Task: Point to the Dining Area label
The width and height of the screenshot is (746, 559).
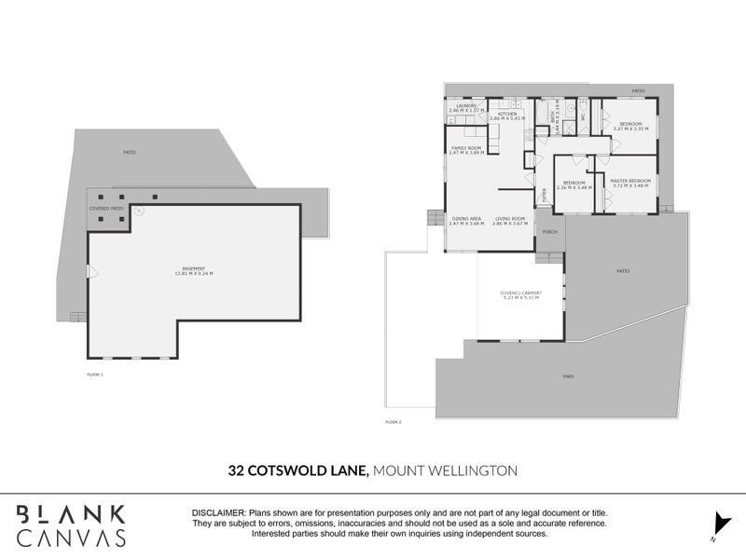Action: (465, 221)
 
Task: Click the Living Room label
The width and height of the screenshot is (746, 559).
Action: (510, 221)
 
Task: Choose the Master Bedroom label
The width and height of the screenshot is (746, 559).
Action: (630, 183)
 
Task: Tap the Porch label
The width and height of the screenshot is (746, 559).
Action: (550, 232)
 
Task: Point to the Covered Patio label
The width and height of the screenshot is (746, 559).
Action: (106, 209)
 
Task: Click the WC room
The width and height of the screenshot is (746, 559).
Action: (583, 116)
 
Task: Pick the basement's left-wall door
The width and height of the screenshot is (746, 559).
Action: (90, 271)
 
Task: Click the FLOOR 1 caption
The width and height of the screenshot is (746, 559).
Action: (93, 374)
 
